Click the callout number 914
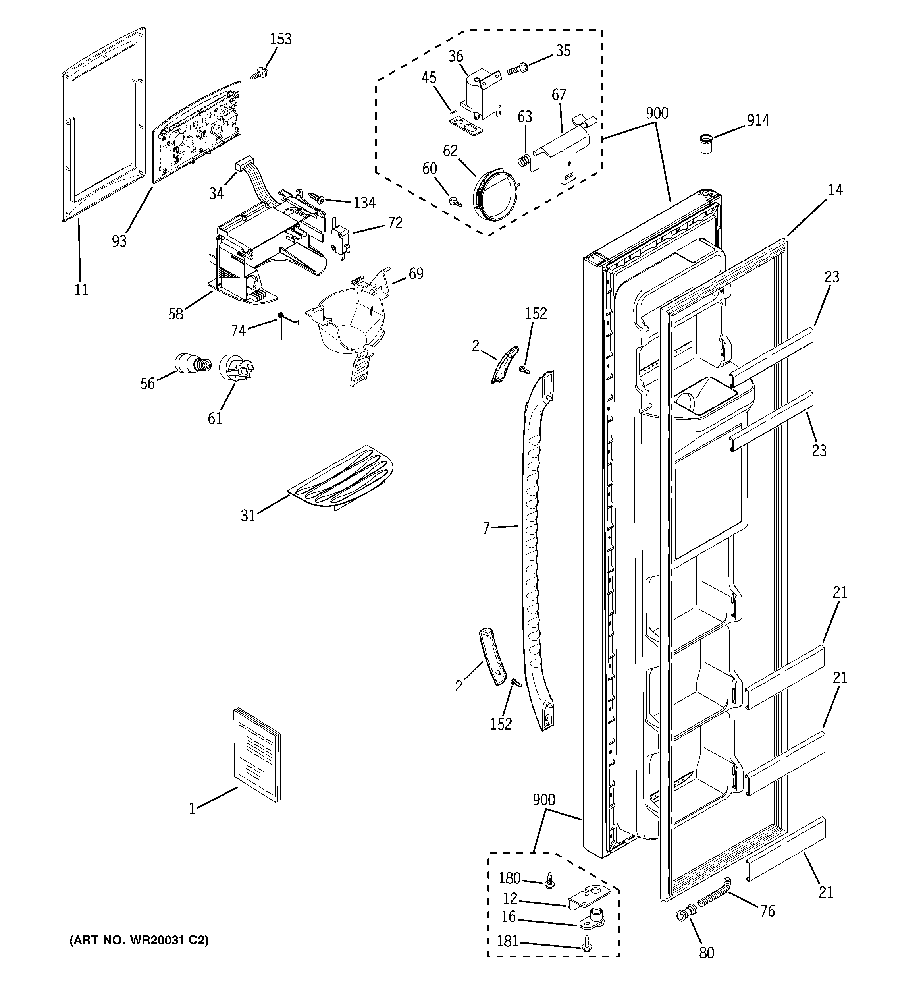tap(758, 120)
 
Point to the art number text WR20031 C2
tap(139, 941)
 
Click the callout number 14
tap(835, 190)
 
